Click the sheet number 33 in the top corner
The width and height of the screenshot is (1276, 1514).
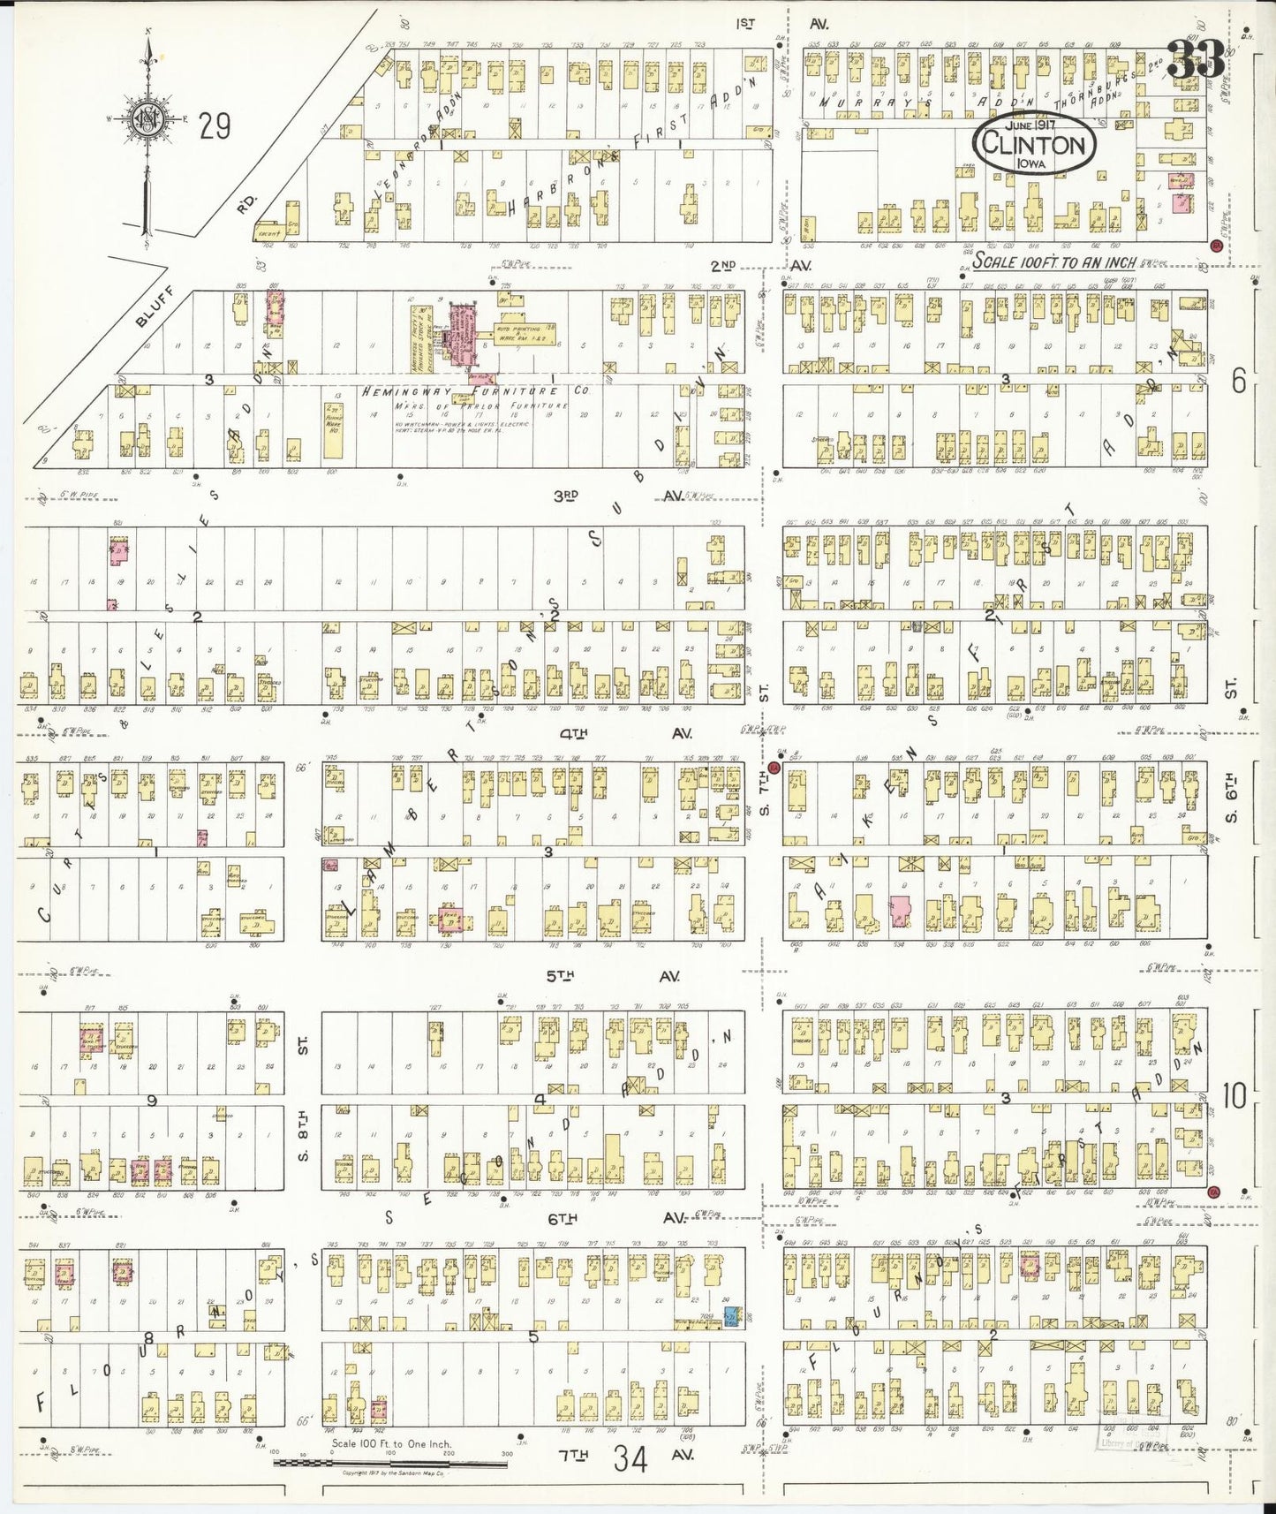pos(1196,60)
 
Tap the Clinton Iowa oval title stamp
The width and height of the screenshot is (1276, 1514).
pos(1034,144)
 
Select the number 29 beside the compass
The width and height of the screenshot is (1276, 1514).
pos(215,127)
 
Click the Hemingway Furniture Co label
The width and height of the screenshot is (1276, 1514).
pos(473,390)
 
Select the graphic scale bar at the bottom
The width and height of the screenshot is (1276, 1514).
pos(390,1462)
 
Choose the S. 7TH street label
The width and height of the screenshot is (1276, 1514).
pos(765,793)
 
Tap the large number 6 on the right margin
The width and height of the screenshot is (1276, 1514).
pos(1238,382)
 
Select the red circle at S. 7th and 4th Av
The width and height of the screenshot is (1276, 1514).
pos(774,767)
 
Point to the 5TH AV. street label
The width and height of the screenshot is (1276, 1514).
pos(609,976)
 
